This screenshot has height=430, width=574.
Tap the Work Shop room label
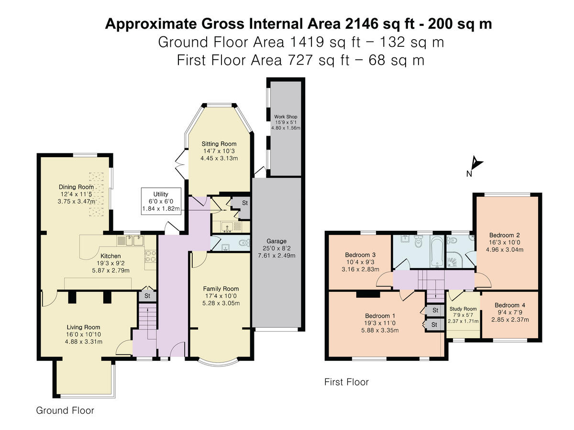(286, 117)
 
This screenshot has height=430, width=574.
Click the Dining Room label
(76, 187)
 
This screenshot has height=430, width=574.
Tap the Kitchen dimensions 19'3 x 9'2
(110, 263)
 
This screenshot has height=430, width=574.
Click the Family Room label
(221, 289)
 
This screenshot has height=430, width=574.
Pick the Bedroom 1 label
(380, 316)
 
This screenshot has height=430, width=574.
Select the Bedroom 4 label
(510, 305)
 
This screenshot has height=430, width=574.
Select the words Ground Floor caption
(65, 410)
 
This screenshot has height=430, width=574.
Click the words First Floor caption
(346, 382)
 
